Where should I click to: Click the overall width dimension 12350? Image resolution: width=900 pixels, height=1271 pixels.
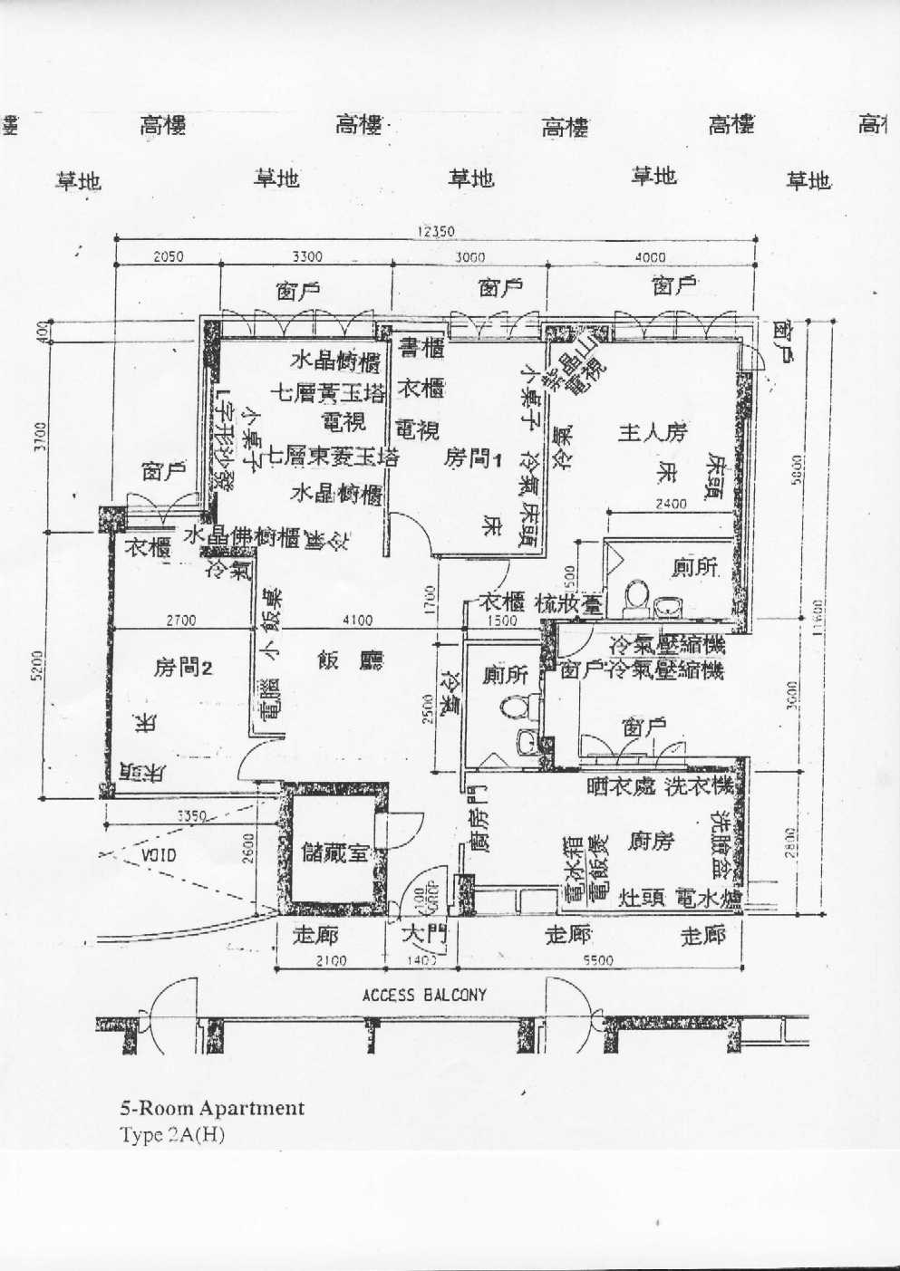[435, 231]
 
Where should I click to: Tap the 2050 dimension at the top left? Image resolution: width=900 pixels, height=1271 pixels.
[168, 256]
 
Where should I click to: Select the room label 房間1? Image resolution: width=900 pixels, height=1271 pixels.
[472, 458]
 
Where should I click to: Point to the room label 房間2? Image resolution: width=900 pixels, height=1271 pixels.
[183, 668]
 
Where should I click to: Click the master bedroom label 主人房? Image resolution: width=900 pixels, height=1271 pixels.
[653, 432]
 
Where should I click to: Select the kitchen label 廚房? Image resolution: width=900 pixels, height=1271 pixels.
[651, 842]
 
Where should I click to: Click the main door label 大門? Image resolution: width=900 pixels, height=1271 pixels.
[419, 934]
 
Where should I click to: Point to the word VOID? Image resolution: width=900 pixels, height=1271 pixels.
[159, 854]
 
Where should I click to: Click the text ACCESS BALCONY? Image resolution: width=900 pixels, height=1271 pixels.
[424, 995]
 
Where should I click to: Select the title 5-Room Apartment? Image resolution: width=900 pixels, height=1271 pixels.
[212, 1107]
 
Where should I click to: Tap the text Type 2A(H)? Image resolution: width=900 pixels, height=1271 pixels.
[172, 1134]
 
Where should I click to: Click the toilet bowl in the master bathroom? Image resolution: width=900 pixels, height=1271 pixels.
[637, 595]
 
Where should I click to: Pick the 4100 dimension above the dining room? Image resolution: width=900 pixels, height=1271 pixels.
[358, 621]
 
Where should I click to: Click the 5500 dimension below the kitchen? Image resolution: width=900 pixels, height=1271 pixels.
[596, 960]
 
